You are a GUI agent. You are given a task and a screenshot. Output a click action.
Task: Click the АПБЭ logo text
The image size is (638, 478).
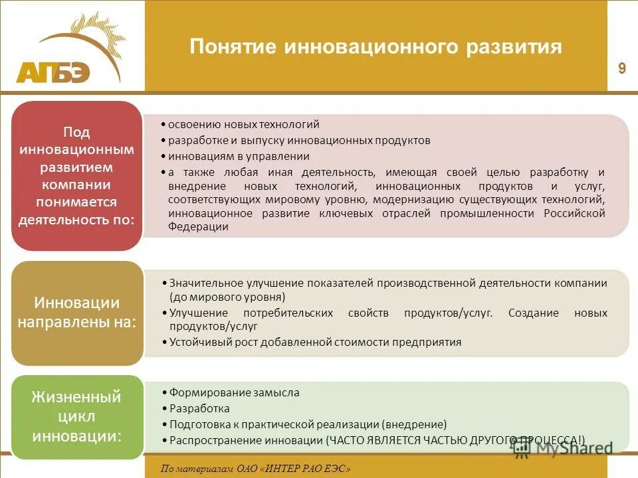coord(53,71)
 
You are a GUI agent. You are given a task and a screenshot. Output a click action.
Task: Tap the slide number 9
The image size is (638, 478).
coord(622,68)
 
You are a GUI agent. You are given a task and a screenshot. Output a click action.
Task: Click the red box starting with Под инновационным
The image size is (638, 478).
coord(76,176)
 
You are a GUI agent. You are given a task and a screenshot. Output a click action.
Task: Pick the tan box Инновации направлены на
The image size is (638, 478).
coord(77,313)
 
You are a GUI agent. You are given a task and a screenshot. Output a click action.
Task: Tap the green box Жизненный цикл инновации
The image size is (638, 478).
coord(77,417)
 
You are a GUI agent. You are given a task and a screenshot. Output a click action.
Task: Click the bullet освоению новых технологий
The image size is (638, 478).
coord(243,124)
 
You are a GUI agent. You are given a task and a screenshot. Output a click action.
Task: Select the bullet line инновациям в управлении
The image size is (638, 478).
coord(239,157)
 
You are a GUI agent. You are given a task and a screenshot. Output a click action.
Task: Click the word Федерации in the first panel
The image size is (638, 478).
coord(198,227)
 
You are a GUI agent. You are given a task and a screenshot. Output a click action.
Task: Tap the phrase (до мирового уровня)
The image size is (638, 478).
coord(227,297)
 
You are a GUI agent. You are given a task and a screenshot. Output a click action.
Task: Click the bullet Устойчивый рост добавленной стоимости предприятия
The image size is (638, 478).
coord(315,343)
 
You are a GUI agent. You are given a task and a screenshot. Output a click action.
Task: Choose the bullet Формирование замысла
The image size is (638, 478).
coord(234,392)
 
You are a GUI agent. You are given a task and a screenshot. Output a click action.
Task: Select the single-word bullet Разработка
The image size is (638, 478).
coord(199,408)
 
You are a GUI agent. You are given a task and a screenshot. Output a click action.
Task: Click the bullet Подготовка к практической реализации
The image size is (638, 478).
coord(308,424)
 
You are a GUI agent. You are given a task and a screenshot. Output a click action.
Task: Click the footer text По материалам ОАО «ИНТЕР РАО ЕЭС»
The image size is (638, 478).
coord(256,469)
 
